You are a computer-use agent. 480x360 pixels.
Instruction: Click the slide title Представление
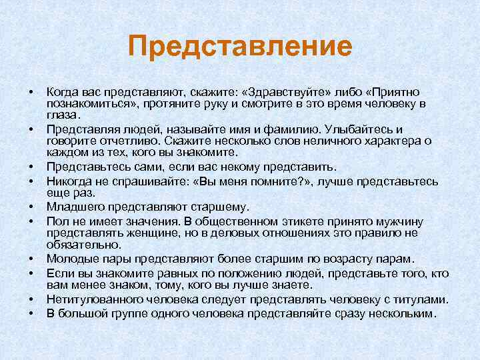240,47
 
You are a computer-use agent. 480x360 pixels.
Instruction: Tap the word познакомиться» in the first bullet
87,104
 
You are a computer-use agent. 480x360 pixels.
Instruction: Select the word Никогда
70,179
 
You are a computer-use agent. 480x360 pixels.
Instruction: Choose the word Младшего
75,206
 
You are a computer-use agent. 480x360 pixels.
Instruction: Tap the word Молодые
73,258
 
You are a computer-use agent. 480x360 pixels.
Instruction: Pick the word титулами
419,299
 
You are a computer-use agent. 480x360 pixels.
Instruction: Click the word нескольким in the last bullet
399,312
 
